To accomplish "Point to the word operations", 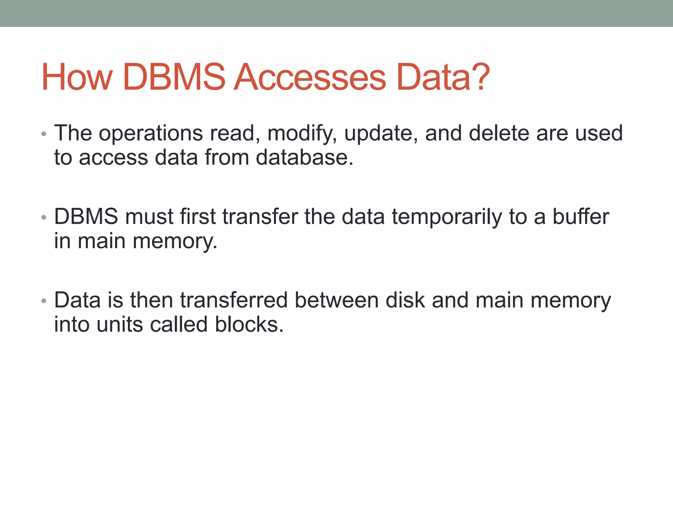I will click(151, 133).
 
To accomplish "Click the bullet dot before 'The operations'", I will click(44, 134).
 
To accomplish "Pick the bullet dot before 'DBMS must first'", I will click(44, 218).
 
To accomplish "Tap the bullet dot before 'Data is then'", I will click(44, 301).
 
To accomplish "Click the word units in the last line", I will click(120, 325).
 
